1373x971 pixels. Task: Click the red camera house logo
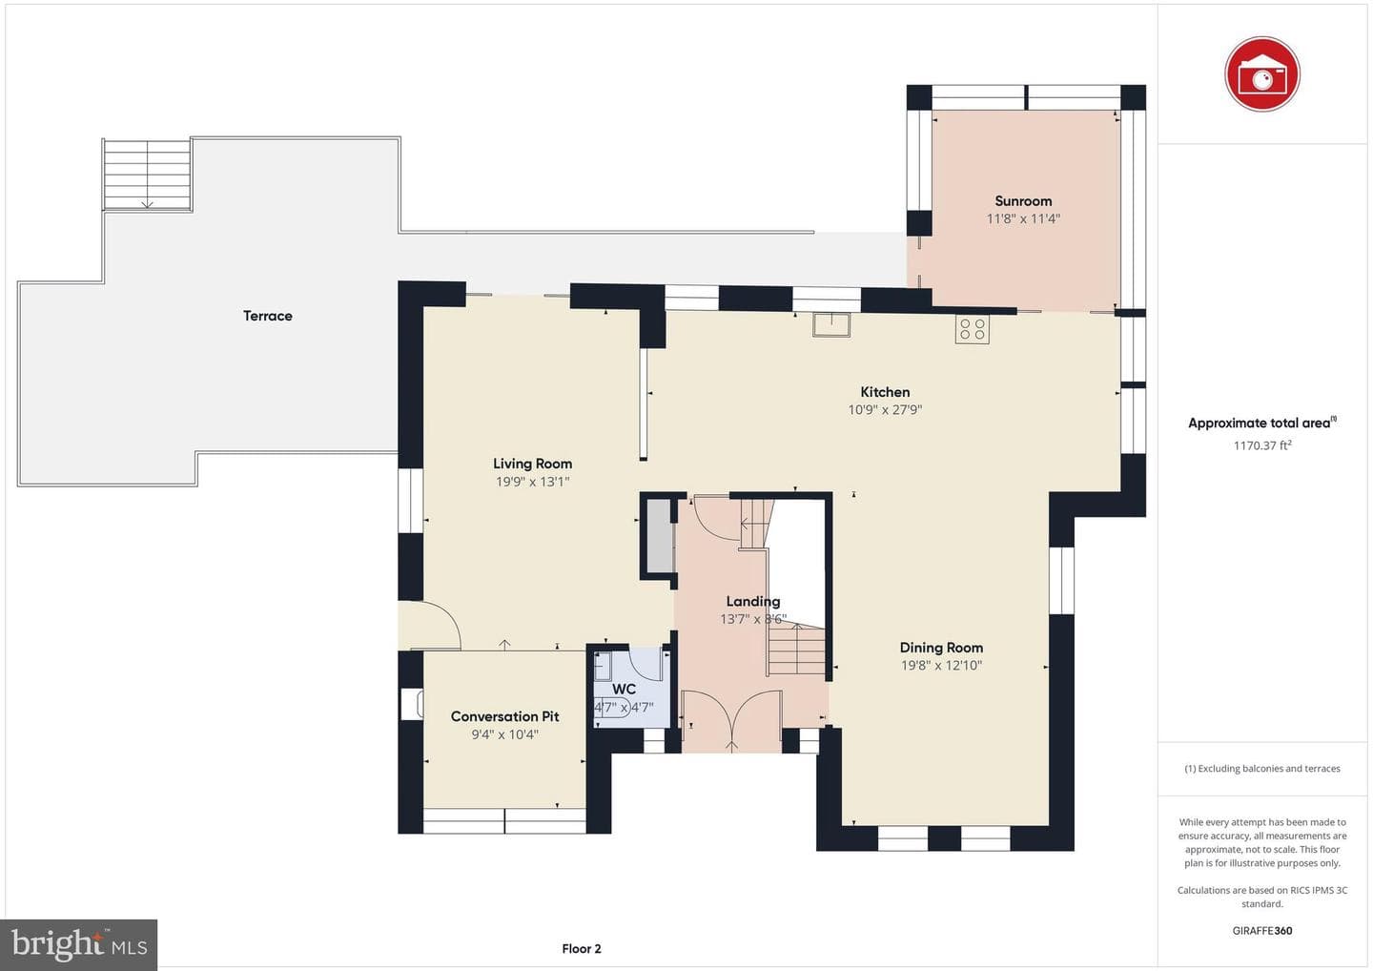click(x=1262, y=74)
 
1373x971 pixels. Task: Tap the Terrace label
click(x=267, y=316)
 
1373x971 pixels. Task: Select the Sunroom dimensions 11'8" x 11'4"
click(x=1023, y=218)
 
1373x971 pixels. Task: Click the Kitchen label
click(x=885, y=392)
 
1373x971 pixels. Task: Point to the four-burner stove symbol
click(x=973, y=329)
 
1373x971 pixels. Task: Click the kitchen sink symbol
click(x=831, y=325)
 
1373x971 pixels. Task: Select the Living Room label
click(x=532, y=465)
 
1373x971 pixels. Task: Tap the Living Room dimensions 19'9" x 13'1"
click(x=532, y=482)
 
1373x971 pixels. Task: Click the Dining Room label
click(x=941, y=648)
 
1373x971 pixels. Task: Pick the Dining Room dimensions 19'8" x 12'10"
click(x=941, y=665)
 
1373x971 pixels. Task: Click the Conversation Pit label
click(x=504, y=716)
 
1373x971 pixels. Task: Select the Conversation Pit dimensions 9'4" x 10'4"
click(x=504, y=734)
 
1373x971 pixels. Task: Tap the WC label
click(x=624, y=689)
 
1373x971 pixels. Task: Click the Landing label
click(x=752, y=601)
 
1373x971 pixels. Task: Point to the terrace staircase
click(x=147, y=175)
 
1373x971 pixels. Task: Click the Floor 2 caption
click(x=581, y=948)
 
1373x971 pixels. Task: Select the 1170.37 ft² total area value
click(x=1262, y=445)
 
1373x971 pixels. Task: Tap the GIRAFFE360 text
click(x=1262, y=931)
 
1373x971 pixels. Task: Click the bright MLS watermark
click(x=78, y=944)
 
